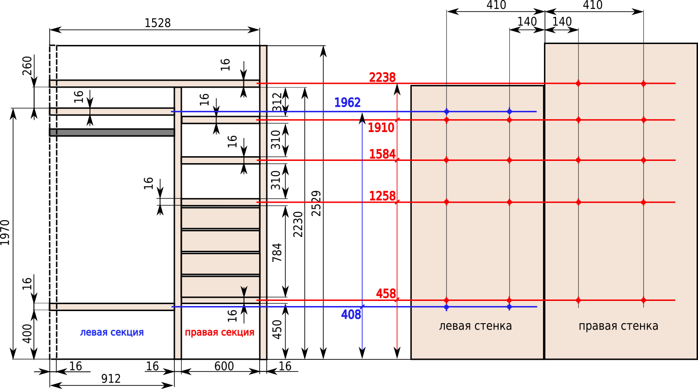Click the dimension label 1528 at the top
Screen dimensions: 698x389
click(158, 23)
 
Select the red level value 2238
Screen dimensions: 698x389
click(382, 77)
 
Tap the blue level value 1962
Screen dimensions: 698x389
click(347, 102)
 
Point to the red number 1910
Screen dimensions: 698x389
click(381, 128)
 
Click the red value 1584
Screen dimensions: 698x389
click(382, 154)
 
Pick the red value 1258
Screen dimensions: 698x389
click(382, 196)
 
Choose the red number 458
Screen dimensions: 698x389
click(386, 293)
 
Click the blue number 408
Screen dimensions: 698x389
click(351, 315)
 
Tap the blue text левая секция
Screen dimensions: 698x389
click(112, 332)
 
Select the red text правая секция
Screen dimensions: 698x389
click(220, 332)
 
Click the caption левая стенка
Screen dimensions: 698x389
click(475, 326)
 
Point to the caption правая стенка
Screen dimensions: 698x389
click(618, 326)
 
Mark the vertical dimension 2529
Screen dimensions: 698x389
click(316, 204)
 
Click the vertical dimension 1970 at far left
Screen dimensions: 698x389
click(5, 232)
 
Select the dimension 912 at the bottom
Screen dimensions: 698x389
click(111, 379)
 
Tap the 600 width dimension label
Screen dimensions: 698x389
click(224, 366)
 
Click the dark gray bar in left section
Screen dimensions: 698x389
click(112, 132)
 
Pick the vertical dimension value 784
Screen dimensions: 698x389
click(277, 252)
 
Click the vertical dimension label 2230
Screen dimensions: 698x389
click(298, 224)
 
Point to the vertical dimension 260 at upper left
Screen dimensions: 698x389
click(27, 66)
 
